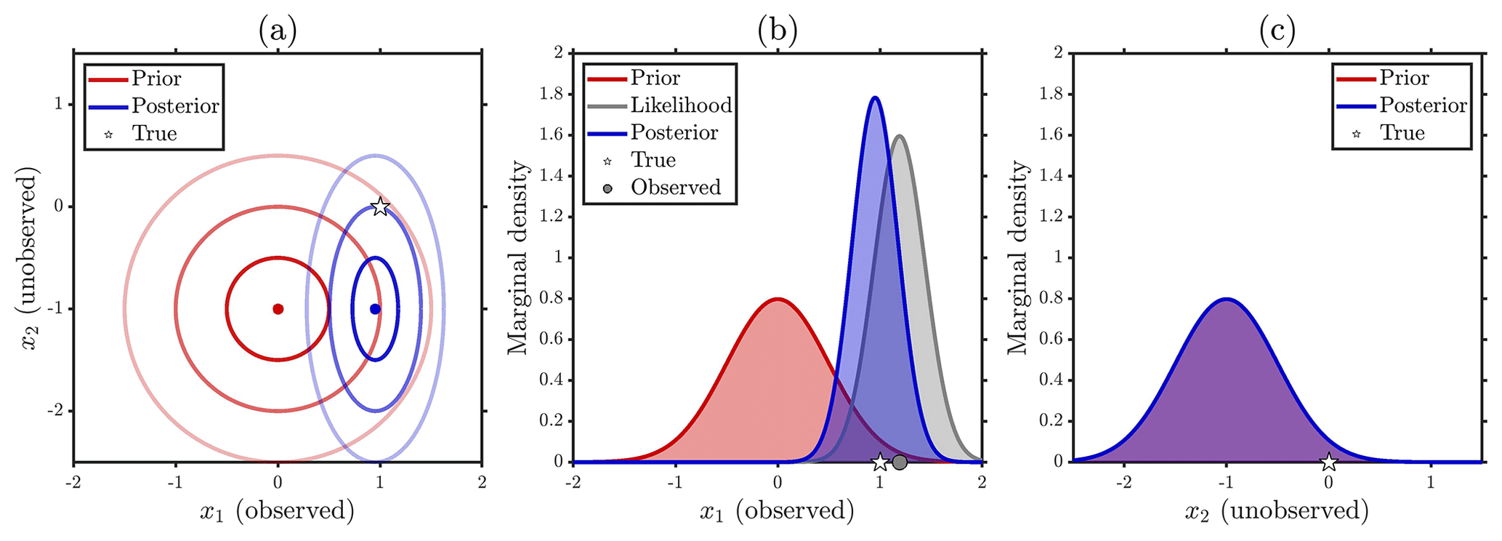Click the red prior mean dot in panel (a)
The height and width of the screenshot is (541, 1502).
point(278,309)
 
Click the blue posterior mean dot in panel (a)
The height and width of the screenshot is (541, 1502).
point(375,309)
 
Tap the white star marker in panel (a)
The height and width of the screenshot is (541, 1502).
point(380,207)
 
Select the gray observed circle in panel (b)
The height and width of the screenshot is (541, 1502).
point(900,462)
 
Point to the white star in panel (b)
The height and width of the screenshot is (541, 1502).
point(880,462)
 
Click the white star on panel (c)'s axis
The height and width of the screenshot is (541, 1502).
point(1328,462)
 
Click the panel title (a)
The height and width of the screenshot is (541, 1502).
point(278,31)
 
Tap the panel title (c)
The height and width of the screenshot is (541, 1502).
point(1277,31)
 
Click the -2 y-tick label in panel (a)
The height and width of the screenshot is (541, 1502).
point(54,412)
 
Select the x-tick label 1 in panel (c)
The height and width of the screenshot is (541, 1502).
point(1431,482)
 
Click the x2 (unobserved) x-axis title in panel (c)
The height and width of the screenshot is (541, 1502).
point(1277,511)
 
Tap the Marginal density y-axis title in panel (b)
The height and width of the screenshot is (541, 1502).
point(517,257)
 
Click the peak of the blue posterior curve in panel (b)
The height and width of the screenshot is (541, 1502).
point(875,97)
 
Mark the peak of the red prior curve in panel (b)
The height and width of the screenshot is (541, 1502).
point(778,299)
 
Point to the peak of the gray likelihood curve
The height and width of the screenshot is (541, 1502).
point(900,135)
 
